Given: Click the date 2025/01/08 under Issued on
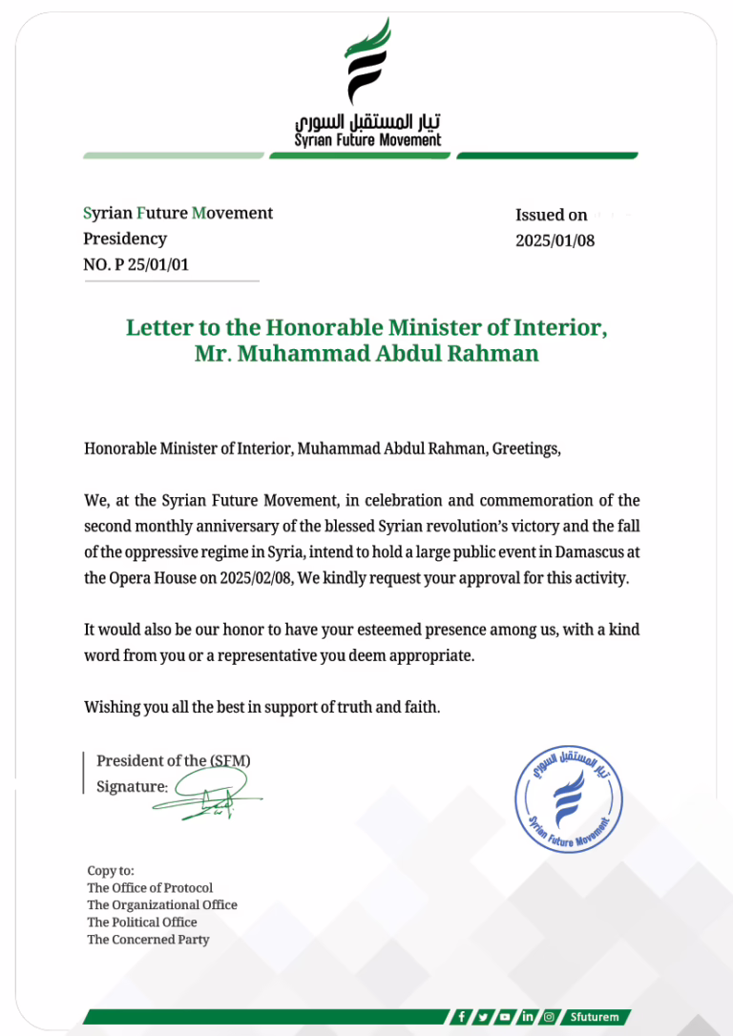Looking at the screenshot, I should (555, 240).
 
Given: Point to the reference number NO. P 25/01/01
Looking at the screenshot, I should (136, 264).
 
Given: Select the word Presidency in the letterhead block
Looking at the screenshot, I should (124, 238).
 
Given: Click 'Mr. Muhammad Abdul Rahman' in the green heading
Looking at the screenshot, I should (366, 353).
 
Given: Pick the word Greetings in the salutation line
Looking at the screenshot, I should (525, 447).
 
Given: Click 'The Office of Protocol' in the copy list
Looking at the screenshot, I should (150, 888).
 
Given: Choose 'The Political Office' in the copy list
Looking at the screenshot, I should (142, 922).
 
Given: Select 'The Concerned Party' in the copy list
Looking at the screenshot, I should (148, 940).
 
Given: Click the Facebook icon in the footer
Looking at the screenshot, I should (462, 1017).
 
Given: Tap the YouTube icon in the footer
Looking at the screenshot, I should (505, 1017).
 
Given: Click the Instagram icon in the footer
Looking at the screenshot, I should (549, 1017).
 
